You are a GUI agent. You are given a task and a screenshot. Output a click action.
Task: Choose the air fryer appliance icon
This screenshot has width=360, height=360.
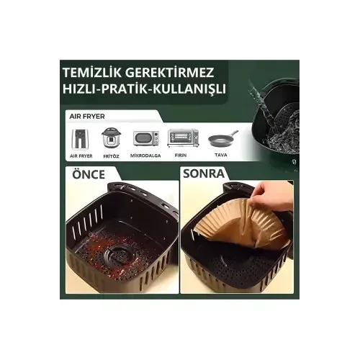[x=81, y=138]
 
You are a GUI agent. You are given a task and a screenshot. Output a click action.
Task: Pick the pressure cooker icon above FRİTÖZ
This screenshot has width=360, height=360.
[x=111, y=138]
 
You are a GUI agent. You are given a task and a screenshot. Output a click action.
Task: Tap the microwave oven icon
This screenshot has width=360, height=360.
[x=145, y=138]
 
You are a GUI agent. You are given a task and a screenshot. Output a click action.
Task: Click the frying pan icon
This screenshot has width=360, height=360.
[x=222, y=138]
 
